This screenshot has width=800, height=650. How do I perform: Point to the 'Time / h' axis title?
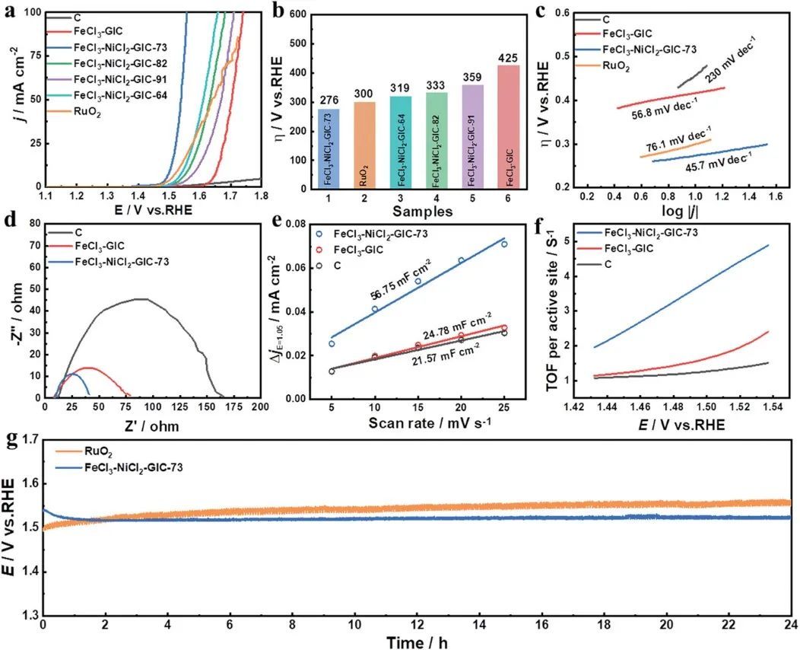click(x=417, y=642)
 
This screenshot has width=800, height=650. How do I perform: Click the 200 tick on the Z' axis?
click(x=261, y=406)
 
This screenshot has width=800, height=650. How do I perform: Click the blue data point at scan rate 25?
click(x=504, y=244)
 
